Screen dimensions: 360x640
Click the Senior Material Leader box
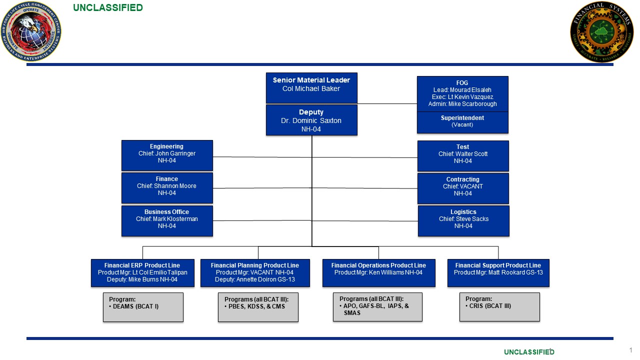pyautogui.click(x=311, y=87)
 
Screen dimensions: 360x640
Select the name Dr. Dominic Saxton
pyautogui.click(x=311, y=121)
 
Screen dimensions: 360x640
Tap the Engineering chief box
pyautogui.click(x=167, y=155)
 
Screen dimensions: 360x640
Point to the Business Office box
pyautogui.click(x=167, y=220)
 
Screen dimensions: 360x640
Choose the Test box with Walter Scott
pyautogui.click(x=463, y=155)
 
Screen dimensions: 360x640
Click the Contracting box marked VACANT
pyautogui.click(x=463, y=188)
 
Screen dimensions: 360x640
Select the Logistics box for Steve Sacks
pyautogui.click(x=463, y=220)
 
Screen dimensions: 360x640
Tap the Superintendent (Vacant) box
pyautogui.click(x=462, y=122)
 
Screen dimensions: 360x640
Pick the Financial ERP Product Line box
pyautogui.click(x=142, y=272)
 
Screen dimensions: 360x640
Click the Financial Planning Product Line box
pyautogui.click(x=255, y=272)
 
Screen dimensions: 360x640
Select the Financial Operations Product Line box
pyautogui.click(x=378, y=272)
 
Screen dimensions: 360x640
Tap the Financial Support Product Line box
pyautogui.click(x=498, y=272)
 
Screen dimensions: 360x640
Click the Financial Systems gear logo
pyautogui.click(x=601, y=31)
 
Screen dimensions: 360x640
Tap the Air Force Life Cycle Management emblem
pyautogui.click(x=31, y=31)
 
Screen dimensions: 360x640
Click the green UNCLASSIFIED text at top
pyautogui.click(x=107, y=7)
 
